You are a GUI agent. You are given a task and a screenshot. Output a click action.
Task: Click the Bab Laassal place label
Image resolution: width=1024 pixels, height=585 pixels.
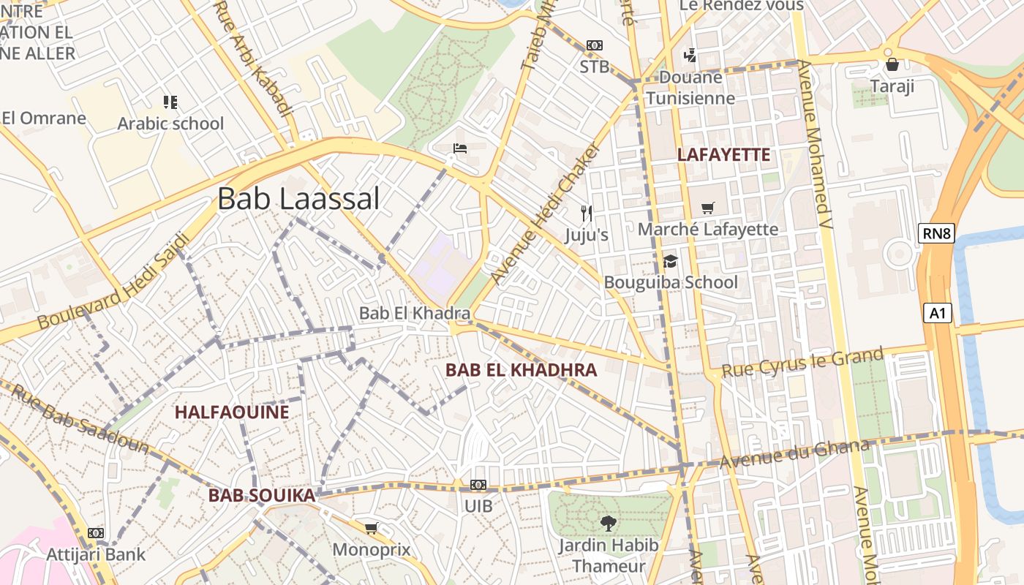tap(298, 199)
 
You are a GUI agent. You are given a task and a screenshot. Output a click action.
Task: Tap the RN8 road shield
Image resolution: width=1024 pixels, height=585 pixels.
tap(936, 233)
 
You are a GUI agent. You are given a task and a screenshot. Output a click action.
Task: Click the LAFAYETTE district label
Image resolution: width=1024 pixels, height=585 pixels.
tap(723, 154)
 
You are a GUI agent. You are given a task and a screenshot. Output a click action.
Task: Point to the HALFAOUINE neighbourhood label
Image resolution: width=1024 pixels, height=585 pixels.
tap(232, 412)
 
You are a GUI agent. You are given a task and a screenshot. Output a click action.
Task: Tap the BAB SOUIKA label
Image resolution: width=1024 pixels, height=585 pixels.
tap(261, 496)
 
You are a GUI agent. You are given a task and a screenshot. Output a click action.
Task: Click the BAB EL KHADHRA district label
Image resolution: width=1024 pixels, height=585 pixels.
tap(521, 370)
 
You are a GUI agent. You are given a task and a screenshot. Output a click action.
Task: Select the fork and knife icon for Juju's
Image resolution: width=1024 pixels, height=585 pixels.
tap(586, 213)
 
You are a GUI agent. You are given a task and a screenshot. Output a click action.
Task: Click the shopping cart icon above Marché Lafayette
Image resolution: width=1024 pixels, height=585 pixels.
tap(707, 208)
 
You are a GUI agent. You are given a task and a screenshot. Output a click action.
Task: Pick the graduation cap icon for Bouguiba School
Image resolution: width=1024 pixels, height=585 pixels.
tap(670, 261)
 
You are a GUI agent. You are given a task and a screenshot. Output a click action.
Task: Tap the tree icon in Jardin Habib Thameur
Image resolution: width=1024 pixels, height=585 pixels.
tap(607, 523)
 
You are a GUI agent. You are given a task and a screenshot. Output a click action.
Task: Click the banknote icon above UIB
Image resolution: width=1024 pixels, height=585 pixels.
tap(478, 485)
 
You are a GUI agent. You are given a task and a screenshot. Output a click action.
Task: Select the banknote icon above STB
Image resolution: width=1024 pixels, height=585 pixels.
tap(594, 45)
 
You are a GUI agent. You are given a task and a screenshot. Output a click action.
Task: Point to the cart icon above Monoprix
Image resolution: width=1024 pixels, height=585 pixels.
tap(371, 528)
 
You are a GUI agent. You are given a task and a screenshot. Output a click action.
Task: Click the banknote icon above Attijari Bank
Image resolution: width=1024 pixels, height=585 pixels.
tap(96, 533)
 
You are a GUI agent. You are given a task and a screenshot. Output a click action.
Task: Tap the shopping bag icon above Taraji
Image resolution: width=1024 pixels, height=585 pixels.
tap(892, 64)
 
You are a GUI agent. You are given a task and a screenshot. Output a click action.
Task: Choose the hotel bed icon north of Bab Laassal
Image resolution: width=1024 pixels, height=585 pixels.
tap(460, 148)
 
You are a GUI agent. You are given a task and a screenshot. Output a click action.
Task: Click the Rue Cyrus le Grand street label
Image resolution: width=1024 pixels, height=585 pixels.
tap(802, 363)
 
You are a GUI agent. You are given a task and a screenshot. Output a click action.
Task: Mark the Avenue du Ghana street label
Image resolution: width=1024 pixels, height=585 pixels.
tap(794, 453)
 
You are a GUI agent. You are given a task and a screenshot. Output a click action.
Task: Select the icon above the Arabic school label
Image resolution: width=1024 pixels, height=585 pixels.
tap(170, 102)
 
